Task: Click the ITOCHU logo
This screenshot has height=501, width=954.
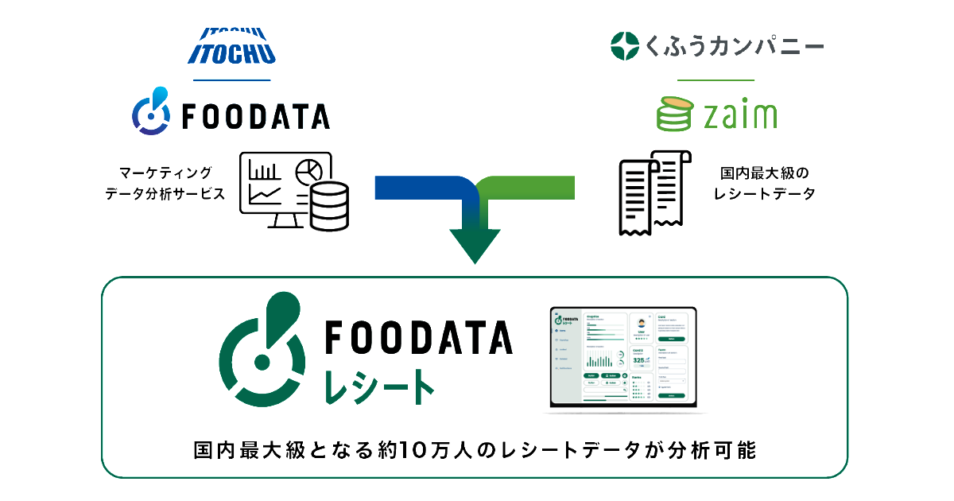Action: tap(231, 45)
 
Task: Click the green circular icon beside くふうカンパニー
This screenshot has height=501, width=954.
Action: tap(625, 45)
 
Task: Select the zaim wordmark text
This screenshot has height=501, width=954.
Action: tap(740, 116)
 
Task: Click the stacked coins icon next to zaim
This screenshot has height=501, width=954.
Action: tap(675, 114)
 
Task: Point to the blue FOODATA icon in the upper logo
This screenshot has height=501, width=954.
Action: tap(150, 111)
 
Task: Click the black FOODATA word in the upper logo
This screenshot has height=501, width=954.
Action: tap(255, 117)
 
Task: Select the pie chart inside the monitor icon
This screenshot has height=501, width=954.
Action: tap(308, 170)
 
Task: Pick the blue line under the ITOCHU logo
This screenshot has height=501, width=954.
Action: tap(231, 80)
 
